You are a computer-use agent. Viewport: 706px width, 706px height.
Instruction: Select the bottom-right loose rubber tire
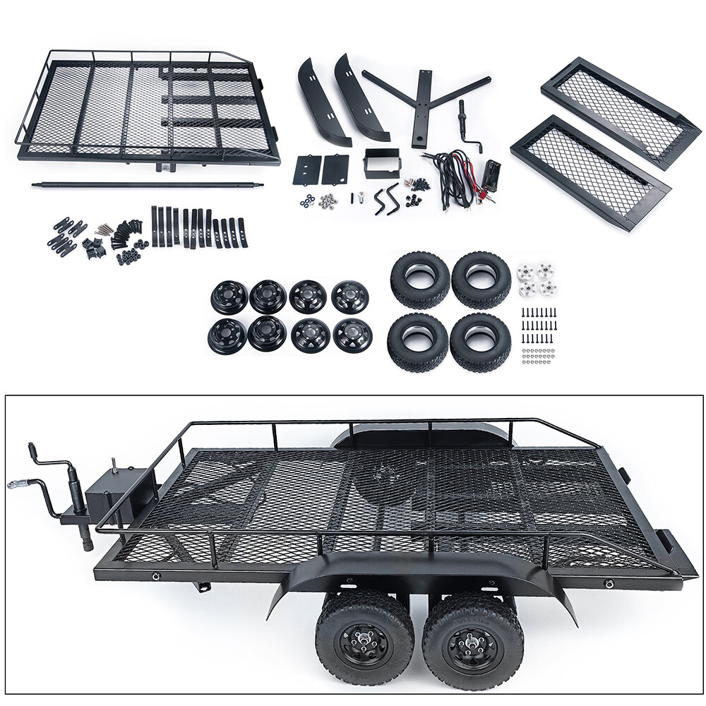[x=480, y=342]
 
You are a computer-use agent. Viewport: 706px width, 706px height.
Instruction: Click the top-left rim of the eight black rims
[x=229, y=297]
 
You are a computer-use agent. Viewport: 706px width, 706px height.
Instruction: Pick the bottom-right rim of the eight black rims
[x=351, y=335]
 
